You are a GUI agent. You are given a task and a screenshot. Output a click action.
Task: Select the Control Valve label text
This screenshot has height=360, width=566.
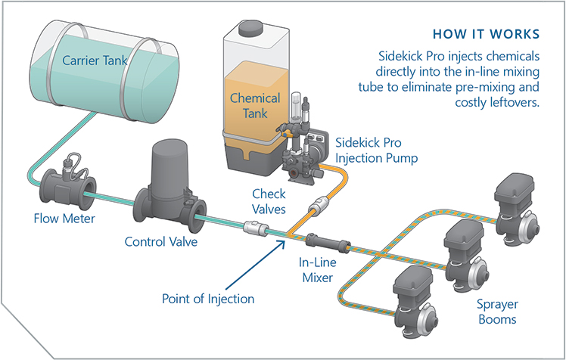pos(161,242)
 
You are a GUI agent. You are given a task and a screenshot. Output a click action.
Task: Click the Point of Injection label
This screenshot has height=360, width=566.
pos(208,298)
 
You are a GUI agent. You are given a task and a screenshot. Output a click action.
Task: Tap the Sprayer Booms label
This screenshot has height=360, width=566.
pos(496,312)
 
